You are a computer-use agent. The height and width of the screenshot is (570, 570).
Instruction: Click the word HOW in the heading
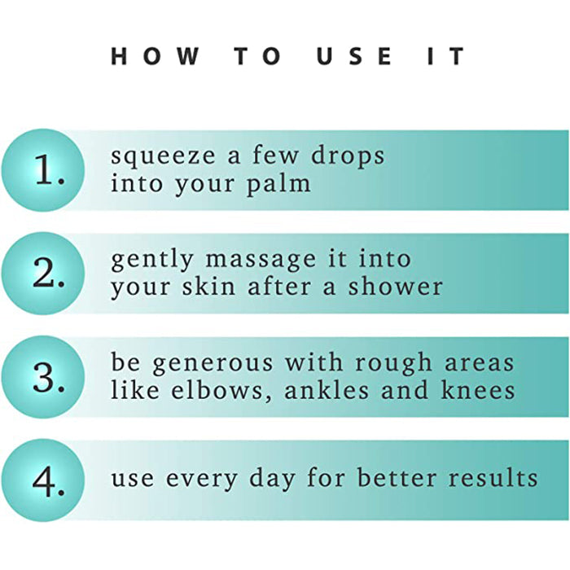coord(156,56)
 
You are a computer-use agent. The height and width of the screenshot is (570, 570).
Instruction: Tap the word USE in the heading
coord(354,56)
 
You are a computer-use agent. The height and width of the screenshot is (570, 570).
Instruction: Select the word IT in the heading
coord(446,56)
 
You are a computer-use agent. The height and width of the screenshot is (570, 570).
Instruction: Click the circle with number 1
coord(43,170)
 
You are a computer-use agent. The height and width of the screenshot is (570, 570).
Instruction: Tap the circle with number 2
coord(43,274)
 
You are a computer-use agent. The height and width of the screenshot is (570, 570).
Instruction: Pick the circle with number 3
coord(43,376)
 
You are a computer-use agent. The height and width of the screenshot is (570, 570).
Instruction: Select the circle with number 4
coord(43,480)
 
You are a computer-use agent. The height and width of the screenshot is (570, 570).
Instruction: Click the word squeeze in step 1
coord(163,157)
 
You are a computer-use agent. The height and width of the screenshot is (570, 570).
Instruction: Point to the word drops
coord(348,156)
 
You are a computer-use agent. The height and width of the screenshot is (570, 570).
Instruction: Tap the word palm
coord(278,184)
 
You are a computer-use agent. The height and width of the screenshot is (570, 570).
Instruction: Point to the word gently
coord(152,260)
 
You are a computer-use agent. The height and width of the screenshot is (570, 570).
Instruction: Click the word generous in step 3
coord(213,363)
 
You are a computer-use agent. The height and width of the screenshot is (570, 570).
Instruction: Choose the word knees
coord(478,390)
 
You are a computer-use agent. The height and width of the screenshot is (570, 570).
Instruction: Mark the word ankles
coord(327,390)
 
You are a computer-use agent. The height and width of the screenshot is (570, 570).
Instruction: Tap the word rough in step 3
coord(393,363)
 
